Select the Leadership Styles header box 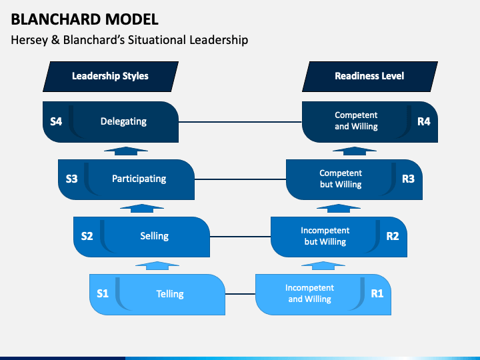[x=110, y=76]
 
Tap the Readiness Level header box [x=369, y=76]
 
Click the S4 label [x=56, y=121]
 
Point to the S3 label [x=71, y=179]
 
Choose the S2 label [x=87, y=235]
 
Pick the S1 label [x=102, y=293]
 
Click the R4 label [x=424, y=121]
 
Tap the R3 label [x=408, y=179]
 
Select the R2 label [x=393, y=235]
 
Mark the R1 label [x=377, y=293]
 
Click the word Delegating [x=123, y=121]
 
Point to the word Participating [x=139, y=179]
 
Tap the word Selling [x=154, y=235]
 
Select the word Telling [x=170, y=293]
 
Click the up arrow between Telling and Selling [x=157, y=265]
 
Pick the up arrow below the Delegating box [x=126, y=151]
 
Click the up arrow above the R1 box [x=323, y=265]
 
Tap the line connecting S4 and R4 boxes [x=240, y=122]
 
